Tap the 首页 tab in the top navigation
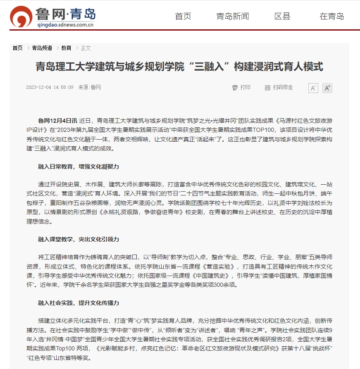click(x=183, y=17)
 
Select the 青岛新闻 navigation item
click(x=233, y=17)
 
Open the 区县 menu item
click(x=282, y=17)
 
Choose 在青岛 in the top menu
click(x=332, y=17)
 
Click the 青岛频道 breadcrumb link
click(x=42, y=48)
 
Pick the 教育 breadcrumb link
click(x=66, y=48)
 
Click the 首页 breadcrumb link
click(x=17, y=48)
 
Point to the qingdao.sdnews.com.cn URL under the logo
click(x=67, y=25)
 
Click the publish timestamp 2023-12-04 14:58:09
click(x=50, y=88)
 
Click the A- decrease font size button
click(x=313, y=88)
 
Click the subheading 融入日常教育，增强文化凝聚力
click(x=79, y=167)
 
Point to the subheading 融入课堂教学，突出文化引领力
click(x=79, y=239)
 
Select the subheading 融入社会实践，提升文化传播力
click(x=79, y=303)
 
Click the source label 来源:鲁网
click(x=90, y=88)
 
